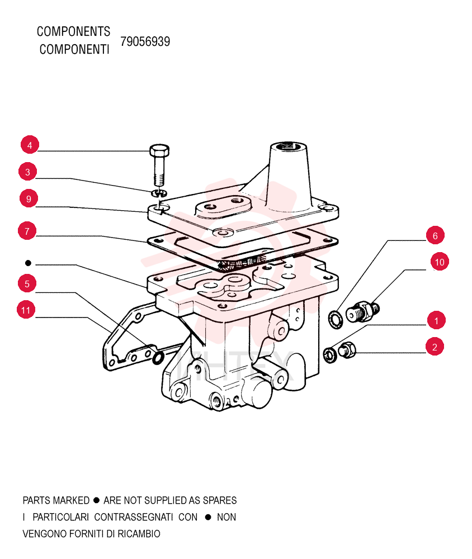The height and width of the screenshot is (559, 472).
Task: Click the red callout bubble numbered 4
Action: pos(30,145)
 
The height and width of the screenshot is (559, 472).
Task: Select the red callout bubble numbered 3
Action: pos(27,172)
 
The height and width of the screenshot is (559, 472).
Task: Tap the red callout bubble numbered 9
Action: pos(29,198)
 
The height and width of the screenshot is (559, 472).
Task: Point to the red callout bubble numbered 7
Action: pos(27,231)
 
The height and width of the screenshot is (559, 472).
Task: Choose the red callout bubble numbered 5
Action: pos(27,284)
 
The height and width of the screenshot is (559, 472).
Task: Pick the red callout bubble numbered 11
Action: pos(26,310)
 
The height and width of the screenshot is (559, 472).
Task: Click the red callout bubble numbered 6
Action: pos(435,235)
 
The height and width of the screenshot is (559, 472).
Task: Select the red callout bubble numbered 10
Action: pos(440,262)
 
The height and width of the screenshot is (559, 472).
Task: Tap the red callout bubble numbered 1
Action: pos(436,320)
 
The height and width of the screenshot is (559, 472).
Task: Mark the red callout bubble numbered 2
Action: pos(435,347)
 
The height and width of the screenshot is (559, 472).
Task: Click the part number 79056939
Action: pos(145,41)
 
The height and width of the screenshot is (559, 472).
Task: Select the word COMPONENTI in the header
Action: pos(74,49)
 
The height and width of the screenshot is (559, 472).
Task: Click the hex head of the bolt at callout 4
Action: pos(159,151)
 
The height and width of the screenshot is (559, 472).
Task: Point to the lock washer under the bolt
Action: pos(159,193)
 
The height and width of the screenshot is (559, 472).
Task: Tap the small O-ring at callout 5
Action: pos(158,358)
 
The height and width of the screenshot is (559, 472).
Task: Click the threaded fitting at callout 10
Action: pos(362,311)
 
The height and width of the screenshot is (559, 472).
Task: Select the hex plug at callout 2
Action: pos(347,349)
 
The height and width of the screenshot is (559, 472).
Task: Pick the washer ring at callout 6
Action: pos(336,319)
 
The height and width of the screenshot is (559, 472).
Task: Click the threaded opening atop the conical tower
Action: pos(288,146)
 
